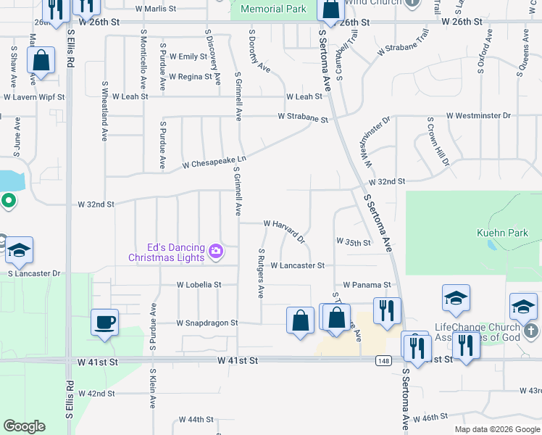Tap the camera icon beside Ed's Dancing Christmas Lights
(x=215, y=252)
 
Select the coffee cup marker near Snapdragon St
(x=104, y=322)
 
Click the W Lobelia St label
(x=199, y=285)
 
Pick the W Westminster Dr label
(x=478, y=115)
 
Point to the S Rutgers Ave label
(x=261, y=273)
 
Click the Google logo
(x=24, y=426)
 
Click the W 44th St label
(x=196, y=419)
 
